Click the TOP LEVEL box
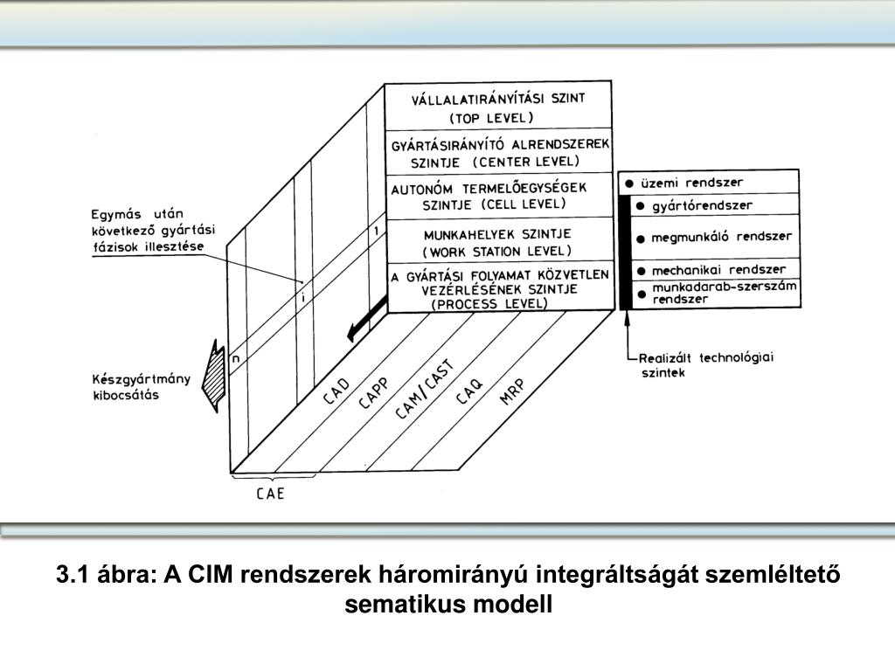[x=498, y=106]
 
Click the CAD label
[x=337, y=389]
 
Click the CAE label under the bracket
[x=270, y=494]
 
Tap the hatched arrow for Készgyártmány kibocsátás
[x=212, y=376]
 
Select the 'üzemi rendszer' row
[x=709, y=183]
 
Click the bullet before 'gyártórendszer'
[x=641, y=206]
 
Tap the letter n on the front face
[x=234, y=357]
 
